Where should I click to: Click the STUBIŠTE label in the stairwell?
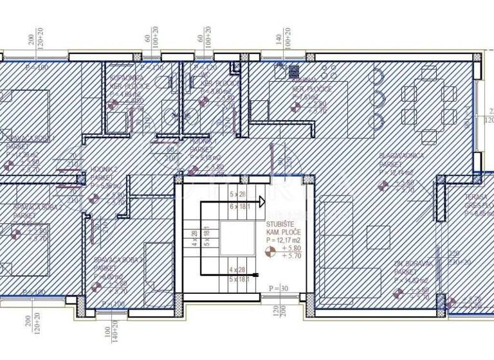(281, 225)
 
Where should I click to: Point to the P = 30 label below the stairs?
(279, 289)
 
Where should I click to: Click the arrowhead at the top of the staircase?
(263, 201)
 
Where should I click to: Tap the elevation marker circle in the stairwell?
(271, 251)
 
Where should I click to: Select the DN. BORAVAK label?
(409, 264)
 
